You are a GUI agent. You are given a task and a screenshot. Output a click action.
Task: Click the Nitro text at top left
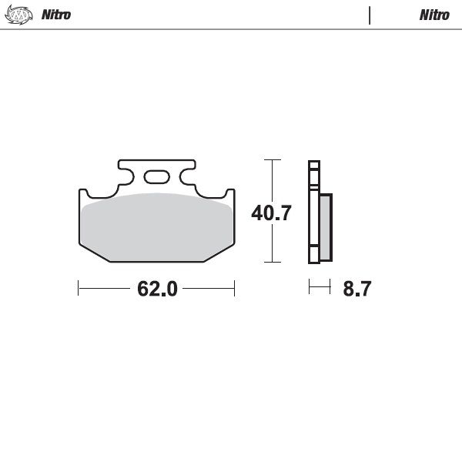pyautogui.click(x=56, y=15)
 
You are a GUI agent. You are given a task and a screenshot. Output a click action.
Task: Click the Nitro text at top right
pyautogui.click(x=434, y=15)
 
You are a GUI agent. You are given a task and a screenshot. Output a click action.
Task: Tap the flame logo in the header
pyautogui.click(x=18, y=15)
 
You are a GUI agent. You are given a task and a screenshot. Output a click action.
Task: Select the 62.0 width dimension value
pyautogui.click(x=157, y=289)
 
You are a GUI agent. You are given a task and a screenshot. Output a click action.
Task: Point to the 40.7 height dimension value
pyautogui.click(x=271, y=213)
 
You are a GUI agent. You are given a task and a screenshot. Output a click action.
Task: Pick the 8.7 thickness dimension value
pyautogui.click(x=357, y=289)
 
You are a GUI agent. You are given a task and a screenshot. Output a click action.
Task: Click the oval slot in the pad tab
pyautogui.click(x=157, y=177)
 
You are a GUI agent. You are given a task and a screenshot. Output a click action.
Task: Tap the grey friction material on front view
pyautogui.click(x=157, y=227)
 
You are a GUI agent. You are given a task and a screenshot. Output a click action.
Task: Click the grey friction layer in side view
pyautogui.click(x=326, y=227)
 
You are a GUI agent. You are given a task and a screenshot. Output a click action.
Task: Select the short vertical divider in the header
pyautogui.click(x=370, y=15)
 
